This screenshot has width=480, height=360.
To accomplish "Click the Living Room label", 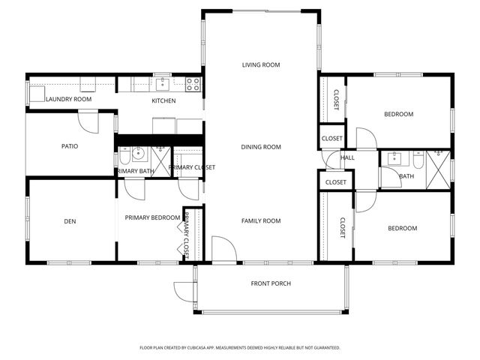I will pyautogui.click(x=260, y=65).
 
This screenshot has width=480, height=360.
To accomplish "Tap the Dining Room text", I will pyautogui.click(x=260, y=147).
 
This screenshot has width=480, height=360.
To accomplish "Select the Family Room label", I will pyautogui.click(x=260, y=220).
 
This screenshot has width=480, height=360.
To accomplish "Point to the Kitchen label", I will pyautogui.click(x=163, y=100).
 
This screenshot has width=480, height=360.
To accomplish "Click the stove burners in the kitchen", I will pyautogui.click(x=193, y=84).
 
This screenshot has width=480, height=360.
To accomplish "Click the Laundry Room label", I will pyautogui.click(x=68, y=99).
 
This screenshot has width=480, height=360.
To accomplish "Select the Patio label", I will pyautogui.click(x=70, y=146).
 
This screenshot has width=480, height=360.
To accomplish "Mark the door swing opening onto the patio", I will pyautogui.click(x=88, y=120).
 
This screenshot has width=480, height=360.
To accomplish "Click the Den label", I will pyautogui.click(x=70, y=221).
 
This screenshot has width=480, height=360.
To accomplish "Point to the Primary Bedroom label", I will pyautogui.click(x=152, y=217).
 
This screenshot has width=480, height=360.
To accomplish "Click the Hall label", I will pyautogui.click(x=348, y=158).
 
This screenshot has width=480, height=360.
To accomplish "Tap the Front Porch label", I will pyautogui.click(x=270, y=283).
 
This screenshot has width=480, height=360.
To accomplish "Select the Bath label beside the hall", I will pyautogui.click(x=406, y=176).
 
